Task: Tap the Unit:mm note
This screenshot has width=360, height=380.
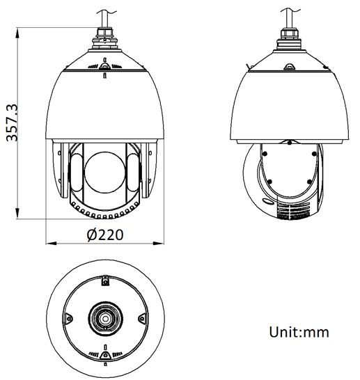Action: [298, 332]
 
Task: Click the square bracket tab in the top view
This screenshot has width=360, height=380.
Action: [104, 281]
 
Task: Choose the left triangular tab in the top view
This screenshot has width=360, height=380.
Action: [68, 319]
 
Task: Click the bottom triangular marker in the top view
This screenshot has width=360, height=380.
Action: [104, 356]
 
